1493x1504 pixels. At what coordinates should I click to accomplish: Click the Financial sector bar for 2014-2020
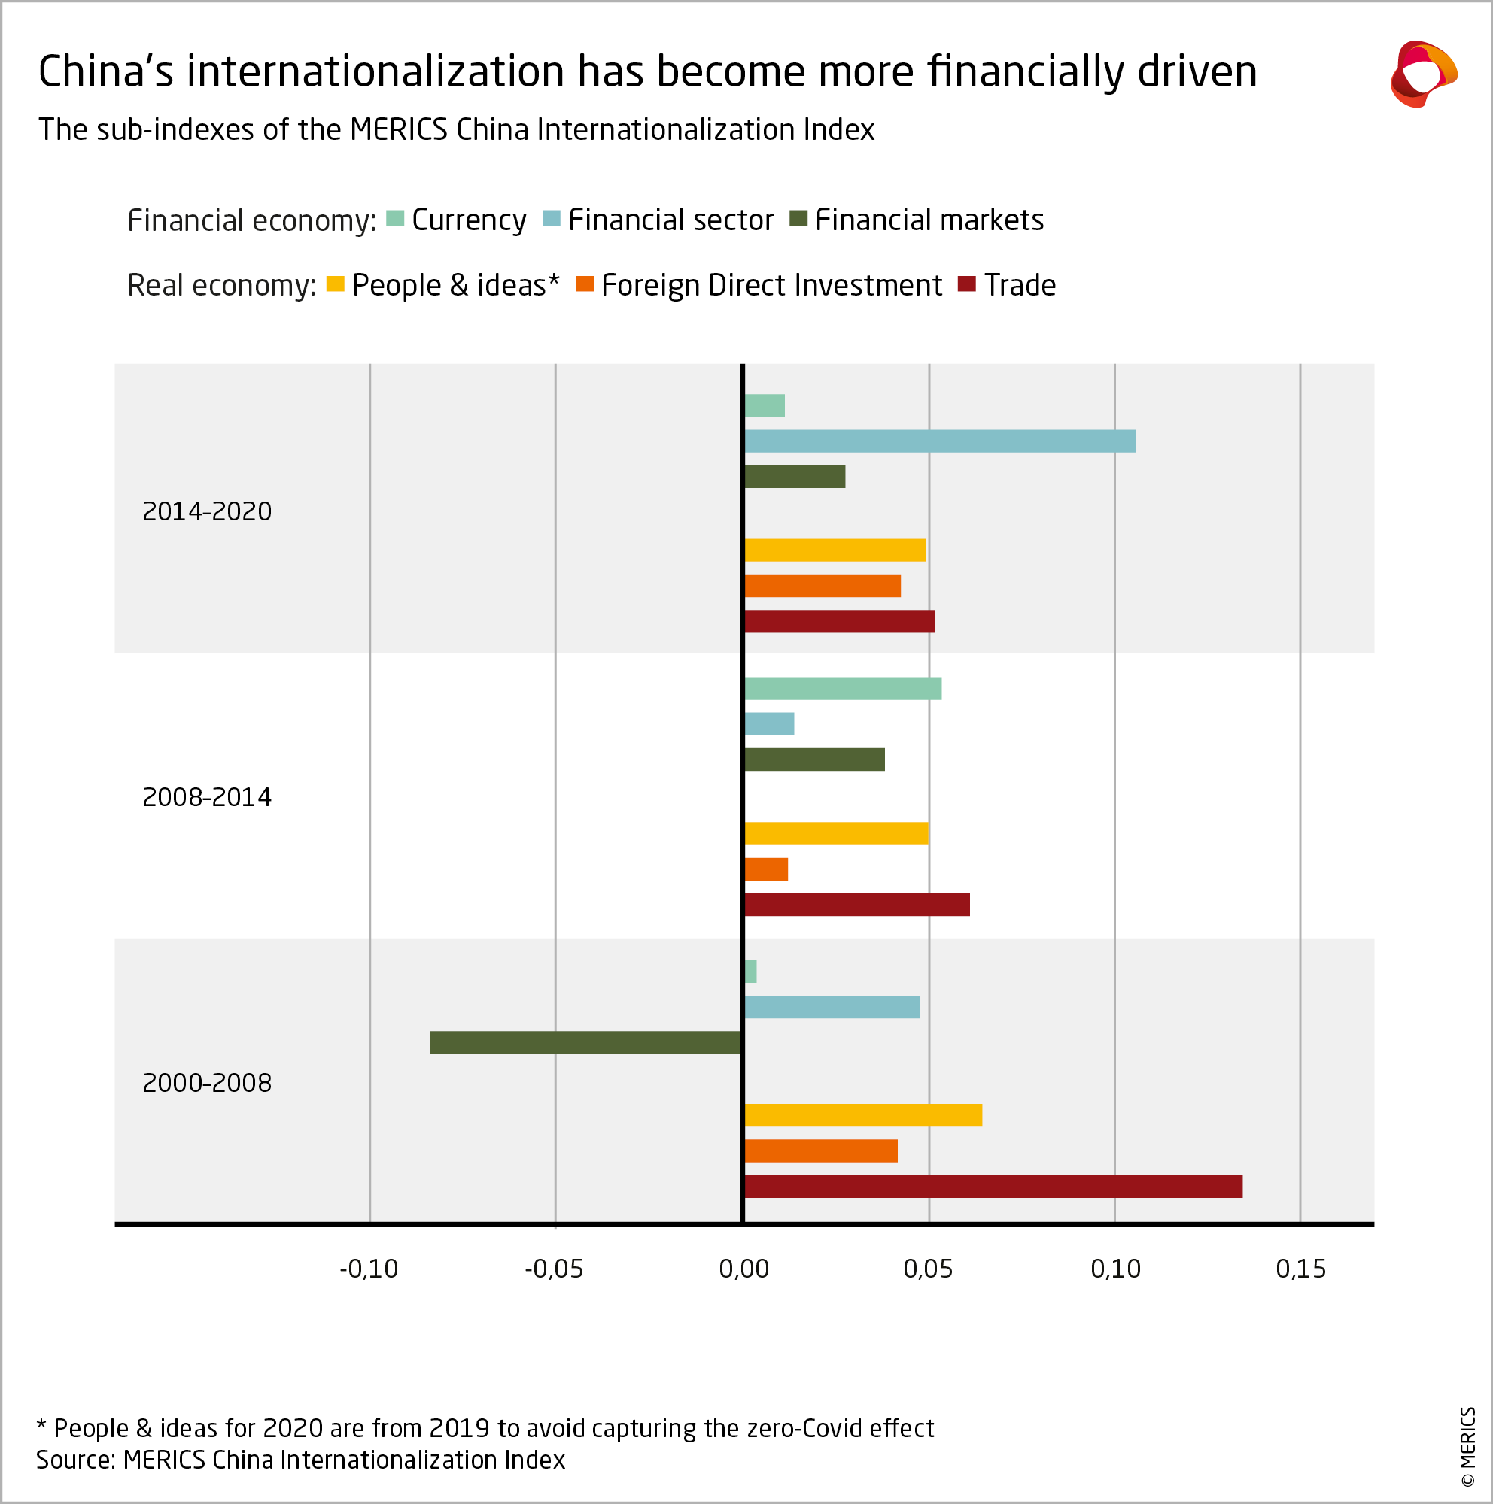[939, 441]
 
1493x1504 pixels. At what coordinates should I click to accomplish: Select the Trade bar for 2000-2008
[993, 1187]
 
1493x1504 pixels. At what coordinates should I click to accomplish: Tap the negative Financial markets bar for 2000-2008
[585, 1042]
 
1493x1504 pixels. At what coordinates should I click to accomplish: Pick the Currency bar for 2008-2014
[843, 689]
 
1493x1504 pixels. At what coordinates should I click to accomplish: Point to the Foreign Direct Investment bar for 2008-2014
[766, 869]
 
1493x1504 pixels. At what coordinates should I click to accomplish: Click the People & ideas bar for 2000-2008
[863, 1115]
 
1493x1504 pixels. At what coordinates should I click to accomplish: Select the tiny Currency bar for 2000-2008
[750, 972]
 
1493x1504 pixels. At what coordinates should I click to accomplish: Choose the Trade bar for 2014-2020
[840, 621]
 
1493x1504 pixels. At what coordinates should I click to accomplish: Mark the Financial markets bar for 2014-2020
[795, 477]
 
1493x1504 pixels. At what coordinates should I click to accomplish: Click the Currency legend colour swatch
[395, 219]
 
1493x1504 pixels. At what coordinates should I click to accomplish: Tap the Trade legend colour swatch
[966, 284]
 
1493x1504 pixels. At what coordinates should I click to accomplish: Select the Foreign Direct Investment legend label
[771, 286]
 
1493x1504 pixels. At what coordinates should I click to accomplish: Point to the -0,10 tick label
[369, 1269]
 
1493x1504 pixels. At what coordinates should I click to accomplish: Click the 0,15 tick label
[1300, 1269]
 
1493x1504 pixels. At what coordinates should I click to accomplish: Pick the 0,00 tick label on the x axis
[743, 1269]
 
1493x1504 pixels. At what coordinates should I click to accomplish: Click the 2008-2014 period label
[207, 797]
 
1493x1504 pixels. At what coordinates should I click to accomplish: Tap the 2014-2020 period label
[207, 511]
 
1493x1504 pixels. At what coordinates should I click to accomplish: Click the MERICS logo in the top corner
[1422, 74]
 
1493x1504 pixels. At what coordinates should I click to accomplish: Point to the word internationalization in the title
[376, 71]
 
